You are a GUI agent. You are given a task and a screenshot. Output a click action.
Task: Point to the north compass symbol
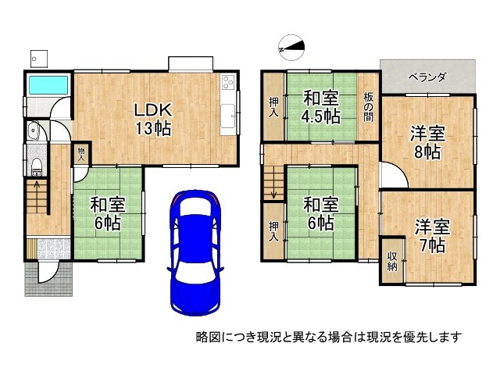[291, 48]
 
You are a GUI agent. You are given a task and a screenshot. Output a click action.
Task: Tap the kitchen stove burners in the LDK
[228, 81]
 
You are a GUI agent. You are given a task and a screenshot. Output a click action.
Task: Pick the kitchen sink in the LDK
[229, 116]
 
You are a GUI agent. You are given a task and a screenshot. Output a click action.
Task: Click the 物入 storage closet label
[81, 152]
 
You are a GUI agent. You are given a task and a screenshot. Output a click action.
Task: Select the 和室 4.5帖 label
[321, 107]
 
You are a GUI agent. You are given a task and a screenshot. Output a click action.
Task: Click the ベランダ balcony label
[427, 77]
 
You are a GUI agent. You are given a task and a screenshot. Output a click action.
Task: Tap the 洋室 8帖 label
[427, 142]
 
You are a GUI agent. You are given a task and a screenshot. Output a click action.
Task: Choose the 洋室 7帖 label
[430, 236]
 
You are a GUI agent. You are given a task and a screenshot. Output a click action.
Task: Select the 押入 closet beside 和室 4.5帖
[273, 106]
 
